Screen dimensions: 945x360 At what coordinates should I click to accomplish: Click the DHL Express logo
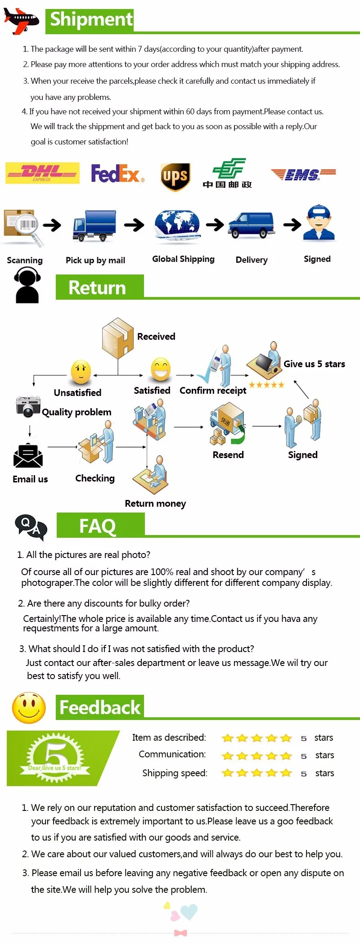pos(42,173)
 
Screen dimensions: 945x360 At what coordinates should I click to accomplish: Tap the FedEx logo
pos(117,173)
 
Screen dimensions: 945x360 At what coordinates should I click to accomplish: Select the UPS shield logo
pos(175,177)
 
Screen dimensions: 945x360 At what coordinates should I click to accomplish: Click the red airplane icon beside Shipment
pos(21,20)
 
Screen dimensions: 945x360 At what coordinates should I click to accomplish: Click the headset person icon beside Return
pos(27,284)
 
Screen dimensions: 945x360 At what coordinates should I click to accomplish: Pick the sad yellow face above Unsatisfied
pos(81,372)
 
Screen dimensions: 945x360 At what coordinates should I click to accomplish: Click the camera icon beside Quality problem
pos(28,406)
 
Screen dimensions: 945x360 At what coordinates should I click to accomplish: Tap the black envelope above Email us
pos(28,456)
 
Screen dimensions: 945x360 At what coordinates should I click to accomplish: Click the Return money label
pos(155,504)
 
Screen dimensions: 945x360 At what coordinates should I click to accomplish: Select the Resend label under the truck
pos(228,455)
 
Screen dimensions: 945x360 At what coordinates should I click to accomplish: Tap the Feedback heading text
pos(100,708)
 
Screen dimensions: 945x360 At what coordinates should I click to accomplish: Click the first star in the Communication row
pos(228,756)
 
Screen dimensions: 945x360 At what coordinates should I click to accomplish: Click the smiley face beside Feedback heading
pos(29,708)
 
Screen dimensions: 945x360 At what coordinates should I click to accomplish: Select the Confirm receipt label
pos(213,391)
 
